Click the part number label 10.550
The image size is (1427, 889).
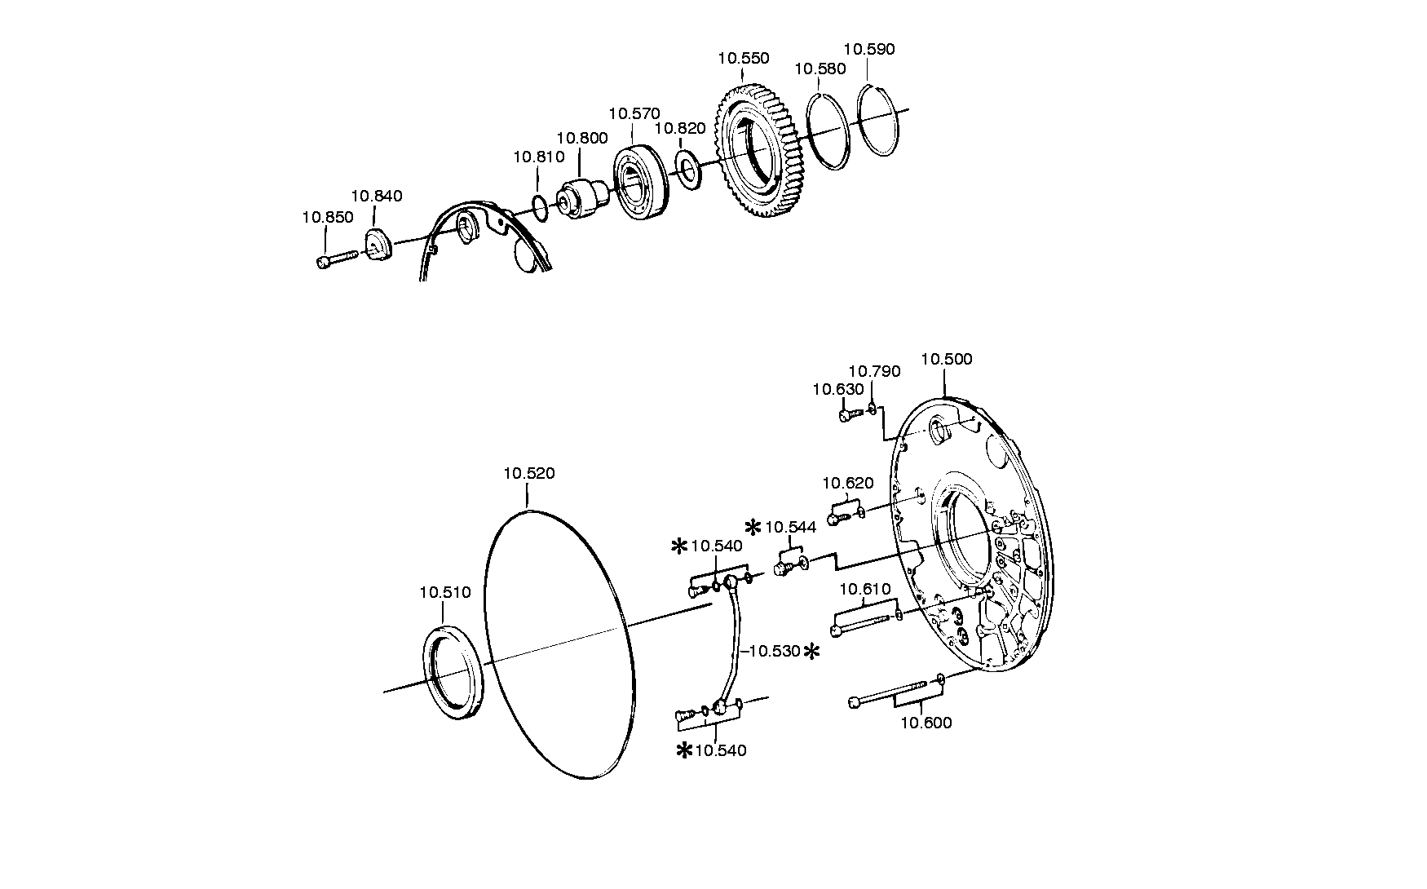click(x=743, y=59)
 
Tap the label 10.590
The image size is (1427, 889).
click(x=868, y=49)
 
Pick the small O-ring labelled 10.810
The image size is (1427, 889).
click(x=540, y=207)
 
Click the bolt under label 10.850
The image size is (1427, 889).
click(x=335, y=260)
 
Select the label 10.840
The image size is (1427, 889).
click(x=377, y=196)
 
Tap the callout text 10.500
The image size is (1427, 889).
click(x=946, y=359)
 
